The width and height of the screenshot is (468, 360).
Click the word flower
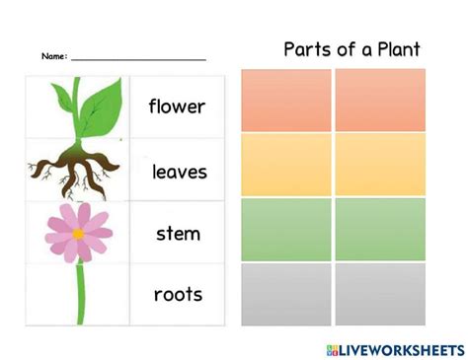177,106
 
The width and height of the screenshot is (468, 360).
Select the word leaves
179,172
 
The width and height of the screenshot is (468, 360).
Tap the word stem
178,234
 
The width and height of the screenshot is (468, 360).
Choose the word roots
178,294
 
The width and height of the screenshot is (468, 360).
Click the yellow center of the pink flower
78,234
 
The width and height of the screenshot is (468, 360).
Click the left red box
286,100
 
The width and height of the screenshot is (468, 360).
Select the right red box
380,100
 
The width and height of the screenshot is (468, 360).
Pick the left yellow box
286,164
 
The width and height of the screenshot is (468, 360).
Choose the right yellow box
380,164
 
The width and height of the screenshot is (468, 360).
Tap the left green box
286,229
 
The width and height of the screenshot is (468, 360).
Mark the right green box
380,229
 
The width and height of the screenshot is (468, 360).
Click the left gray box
286,294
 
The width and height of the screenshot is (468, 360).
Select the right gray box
380,294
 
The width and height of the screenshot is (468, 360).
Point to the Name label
54,57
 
